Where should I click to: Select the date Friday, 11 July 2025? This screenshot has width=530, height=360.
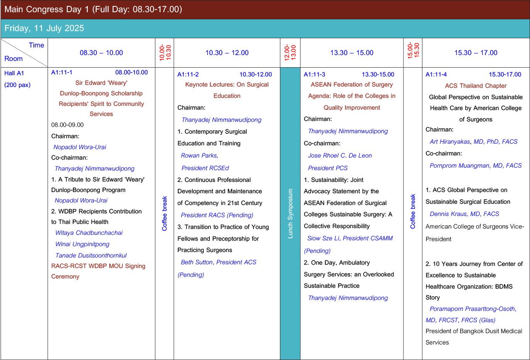tap(44, 28)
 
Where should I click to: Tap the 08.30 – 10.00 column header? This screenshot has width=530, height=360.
tap(101, 53)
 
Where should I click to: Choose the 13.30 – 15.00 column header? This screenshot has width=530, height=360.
tap(352, 53)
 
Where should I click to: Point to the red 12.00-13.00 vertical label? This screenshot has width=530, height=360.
tap(290, 53)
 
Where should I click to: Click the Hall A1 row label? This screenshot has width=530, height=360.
tap(14, 73)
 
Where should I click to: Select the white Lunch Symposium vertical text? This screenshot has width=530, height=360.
tap(290, 213)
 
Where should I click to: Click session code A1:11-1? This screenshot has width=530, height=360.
tap(62, 72)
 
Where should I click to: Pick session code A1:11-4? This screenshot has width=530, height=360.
tap(436, 74)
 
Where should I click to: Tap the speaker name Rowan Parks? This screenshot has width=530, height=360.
tap(200, 155)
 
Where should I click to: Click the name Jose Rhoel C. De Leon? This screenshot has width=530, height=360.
tap(340, 155)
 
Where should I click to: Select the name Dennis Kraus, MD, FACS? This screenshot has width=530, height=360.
tap(464, 214)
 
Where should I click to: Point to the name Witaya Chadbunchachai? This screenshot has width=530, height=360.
tap(89, 233)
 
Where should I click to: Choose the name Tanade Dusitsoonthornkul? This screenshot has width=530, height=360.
tap(91, 255)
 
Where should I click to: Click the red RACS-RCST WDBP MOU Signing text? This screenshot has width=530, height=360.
tap(98, 266)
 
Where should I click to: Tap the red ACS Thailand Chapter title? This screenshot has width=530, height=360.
tap(476, 86)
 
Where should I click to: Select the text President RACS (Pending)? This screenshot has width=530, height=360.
tap(217, 215)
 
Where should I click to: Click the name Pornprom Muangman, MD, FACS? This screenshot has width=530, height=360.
tap(476, 166)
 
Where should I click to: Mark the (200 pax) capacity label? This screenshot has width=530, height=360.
tap(17, 85)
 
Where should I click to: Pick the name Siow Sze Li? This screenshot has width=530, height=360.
tap(323, 238)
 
